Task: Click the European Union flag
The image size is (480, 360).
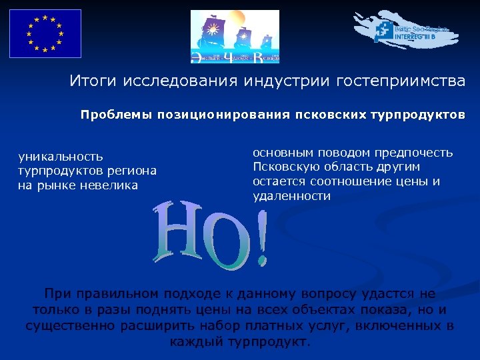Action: point(45,33)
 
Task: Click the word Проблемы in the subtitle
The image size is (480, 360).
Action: point(117,115)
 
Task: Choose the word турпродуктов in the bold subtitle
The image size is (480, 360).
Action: point(419,115)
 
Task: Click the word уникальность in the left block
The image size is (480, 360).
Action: point(61,157)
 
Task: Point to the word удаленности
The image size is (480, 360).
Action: point(291,196)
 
